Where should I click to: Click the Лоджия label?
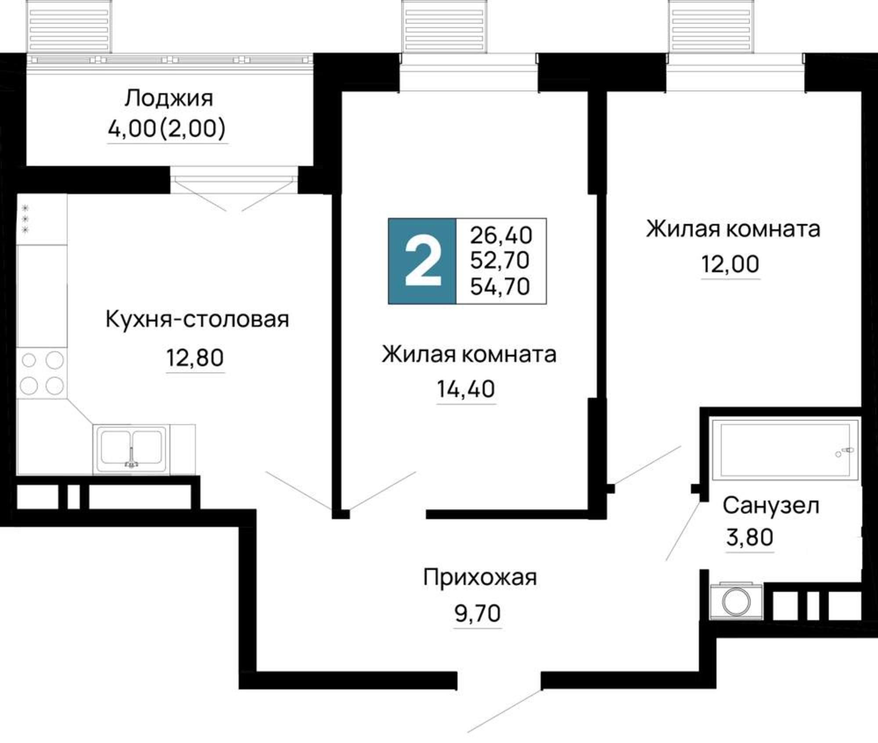169,98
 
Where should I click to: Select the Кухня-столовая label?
197,319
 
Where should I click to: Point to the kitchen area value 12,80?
195,357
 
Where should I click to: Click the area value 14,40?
466,389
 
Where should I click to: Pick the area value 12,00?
730,264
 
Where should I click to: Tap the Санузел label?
771,505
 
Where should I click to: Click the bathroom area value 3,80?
749,537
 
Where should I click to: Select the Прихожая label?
480,577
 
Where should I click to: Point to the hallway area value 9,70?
478,613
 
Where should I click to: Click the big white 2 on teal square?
422,261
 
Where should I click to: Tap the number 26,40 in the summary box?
501,235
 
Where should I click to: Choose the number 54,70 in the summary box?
500,286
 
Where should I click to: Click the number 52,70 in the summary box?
500,260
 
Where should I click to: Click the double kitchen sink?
131,449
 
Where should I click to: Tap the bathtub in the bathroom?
784,449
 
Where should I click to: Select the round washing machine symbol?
736,601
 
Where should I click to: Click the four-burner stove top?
42,373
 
